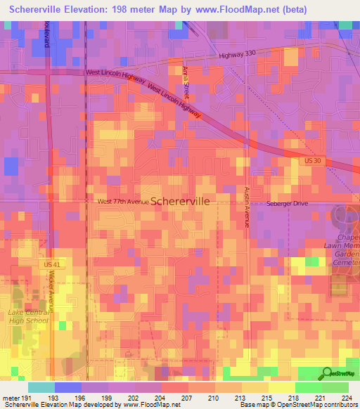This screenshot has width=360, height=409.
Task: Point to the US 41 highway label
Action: tap(51, 264)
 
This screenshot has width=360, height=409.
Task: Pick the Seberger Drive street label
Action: tap(287, 203)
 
